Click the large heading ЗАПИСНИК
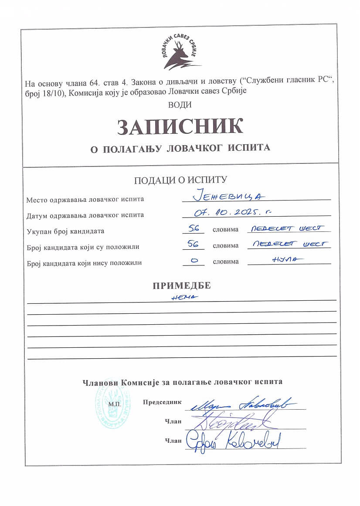(180, 126)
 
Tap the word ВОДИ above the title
(180, 105)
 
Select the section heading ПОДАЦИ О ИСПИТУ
(180, 180)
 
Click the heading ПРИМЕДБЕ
(182, 286)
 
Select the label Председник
(162, 402)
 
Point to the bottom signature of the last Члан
(233, 441)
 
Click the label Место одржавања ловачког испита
(85, 200)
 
